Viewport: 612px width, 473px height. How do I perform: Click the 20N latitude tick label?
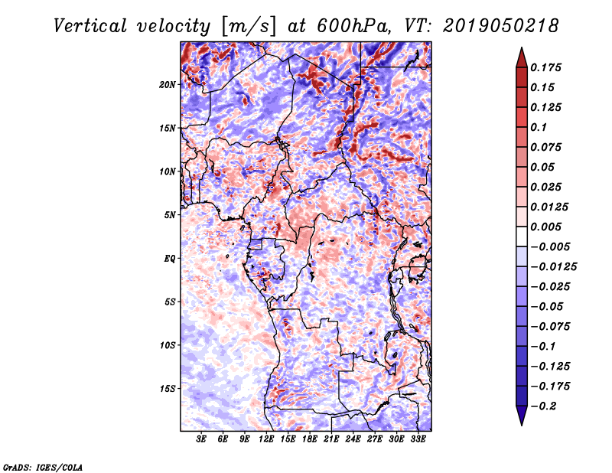click(x=168, y=84)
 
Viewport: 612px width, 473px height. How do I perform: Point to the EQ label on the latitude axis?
click(x=170, y=259)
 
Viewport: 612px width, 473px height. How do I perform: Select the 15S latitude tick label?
click(x=168, y=389)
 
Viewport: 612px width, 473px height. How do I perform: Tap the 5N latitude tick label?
click(x=170, y=215)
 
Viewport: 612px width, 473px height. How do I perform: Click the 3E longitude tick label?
click(x=202, y=440)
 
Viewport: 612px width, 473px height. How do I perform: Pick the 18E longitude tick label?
click(x=310, y=440)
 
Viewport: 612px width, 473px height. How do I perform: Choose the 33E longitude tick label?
click(x=418, y=440)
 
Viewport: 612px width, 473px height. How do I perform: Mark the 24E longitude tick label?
click(x=353, y=440)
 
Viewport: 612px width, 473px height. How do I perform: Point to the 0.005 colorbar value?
click(x=548, y=227)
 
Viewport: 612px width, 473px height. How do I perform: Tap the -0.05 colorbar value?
click(x=548, y=306)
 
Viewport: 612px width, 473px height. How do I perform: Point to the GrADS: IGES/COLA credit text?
click(x=43, y=466)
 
